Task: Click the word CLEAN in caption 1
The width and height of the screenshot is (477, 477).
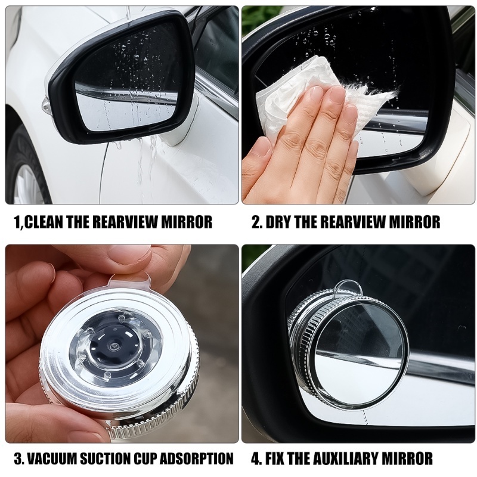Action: coord(44,222)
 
